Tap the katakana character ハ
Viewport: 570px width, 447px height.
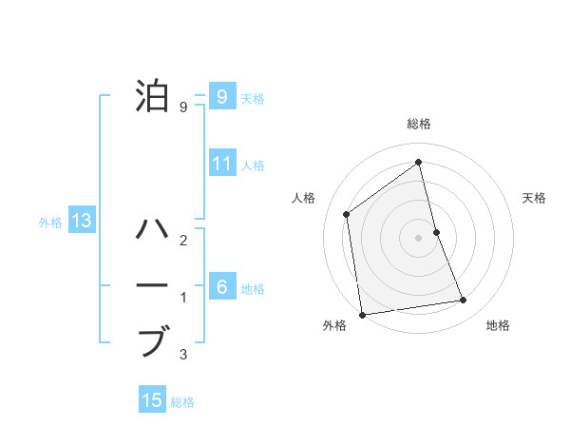tap(154, 229)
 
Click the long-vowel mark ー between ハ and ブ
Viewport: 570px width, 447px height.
tap(154, 285)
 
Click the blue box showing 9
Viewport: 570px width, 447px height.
tap(221, 96)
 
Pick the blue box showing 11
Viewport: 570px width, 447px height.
tap(221, 164)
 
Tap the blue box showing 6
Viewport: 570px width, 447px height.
tap(221, 286)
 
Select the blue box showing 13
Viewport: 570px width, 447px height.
tap(82, 222)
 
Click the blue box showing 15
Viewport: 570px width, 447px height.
tap(152, 400)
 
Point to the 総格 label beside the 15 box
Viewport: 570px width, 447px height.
tap(182, 402)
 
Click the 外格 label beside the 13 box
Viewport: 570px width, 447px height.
tap(50, 223)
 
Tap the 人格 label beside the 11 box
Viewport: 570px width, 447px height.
tap(253, 165)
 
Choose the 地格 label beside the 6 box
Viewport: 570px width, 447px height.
tap(253, 288)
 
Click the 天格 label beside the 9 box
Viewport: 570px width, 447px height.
tap(253, 98)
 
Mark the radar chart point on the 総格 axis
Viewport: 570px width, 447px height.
tap(418, 162)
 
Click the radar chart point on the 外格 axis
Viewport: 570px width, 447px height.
tap(362, 314)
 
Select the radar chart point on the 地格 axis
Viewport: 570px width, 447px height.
tap(464, 301)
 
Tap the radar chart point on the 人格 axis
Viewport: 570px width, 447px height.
tap(347, 214)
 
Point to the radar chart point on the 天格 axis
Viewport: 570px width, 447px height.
tap(436, 231)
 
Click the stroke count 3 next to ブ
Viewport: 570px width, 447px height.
tap(183, 356)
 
